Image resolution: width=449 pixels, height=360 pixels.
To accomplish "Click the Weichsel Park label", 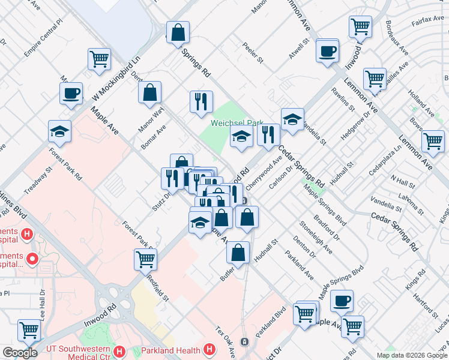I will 237,123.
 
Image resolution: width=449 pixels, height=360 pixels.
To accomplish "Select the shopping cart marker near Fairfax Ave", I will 360,26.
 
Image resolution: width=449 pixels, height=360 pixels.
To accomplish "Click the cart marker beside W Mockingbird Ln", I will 99,59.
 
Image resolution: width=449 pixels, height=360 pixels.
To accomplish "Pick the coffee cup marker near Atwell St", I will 327,51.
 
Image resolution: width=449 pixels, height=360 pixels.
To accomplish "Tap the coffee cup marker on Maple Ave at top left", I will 71,93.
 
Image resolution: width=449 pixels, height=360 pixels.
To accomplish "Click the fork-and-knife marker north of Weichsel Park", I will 201,101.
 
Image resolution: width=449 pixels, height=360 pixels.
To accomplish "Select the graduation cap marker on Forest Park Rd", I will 59,131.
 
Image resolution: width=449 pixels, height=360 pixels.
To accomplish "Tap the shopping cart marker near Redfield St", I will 145,259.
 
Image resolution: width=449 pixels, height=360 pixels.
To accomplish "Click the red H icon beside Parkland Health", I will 209,349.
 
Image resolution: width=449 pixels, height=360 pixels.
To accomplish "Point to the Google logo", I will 20,353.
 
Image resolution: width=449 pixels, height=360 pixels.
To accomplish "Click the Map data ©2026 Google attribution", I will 412,355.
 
